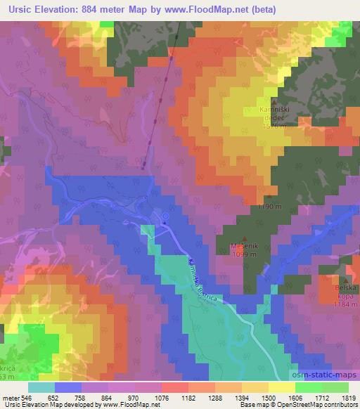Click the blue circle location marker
pos(166,216)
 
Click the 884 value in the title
pos(93,10)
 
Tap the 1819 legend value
pos(345,398)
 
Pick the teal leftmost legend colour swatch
pos(41,387)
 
